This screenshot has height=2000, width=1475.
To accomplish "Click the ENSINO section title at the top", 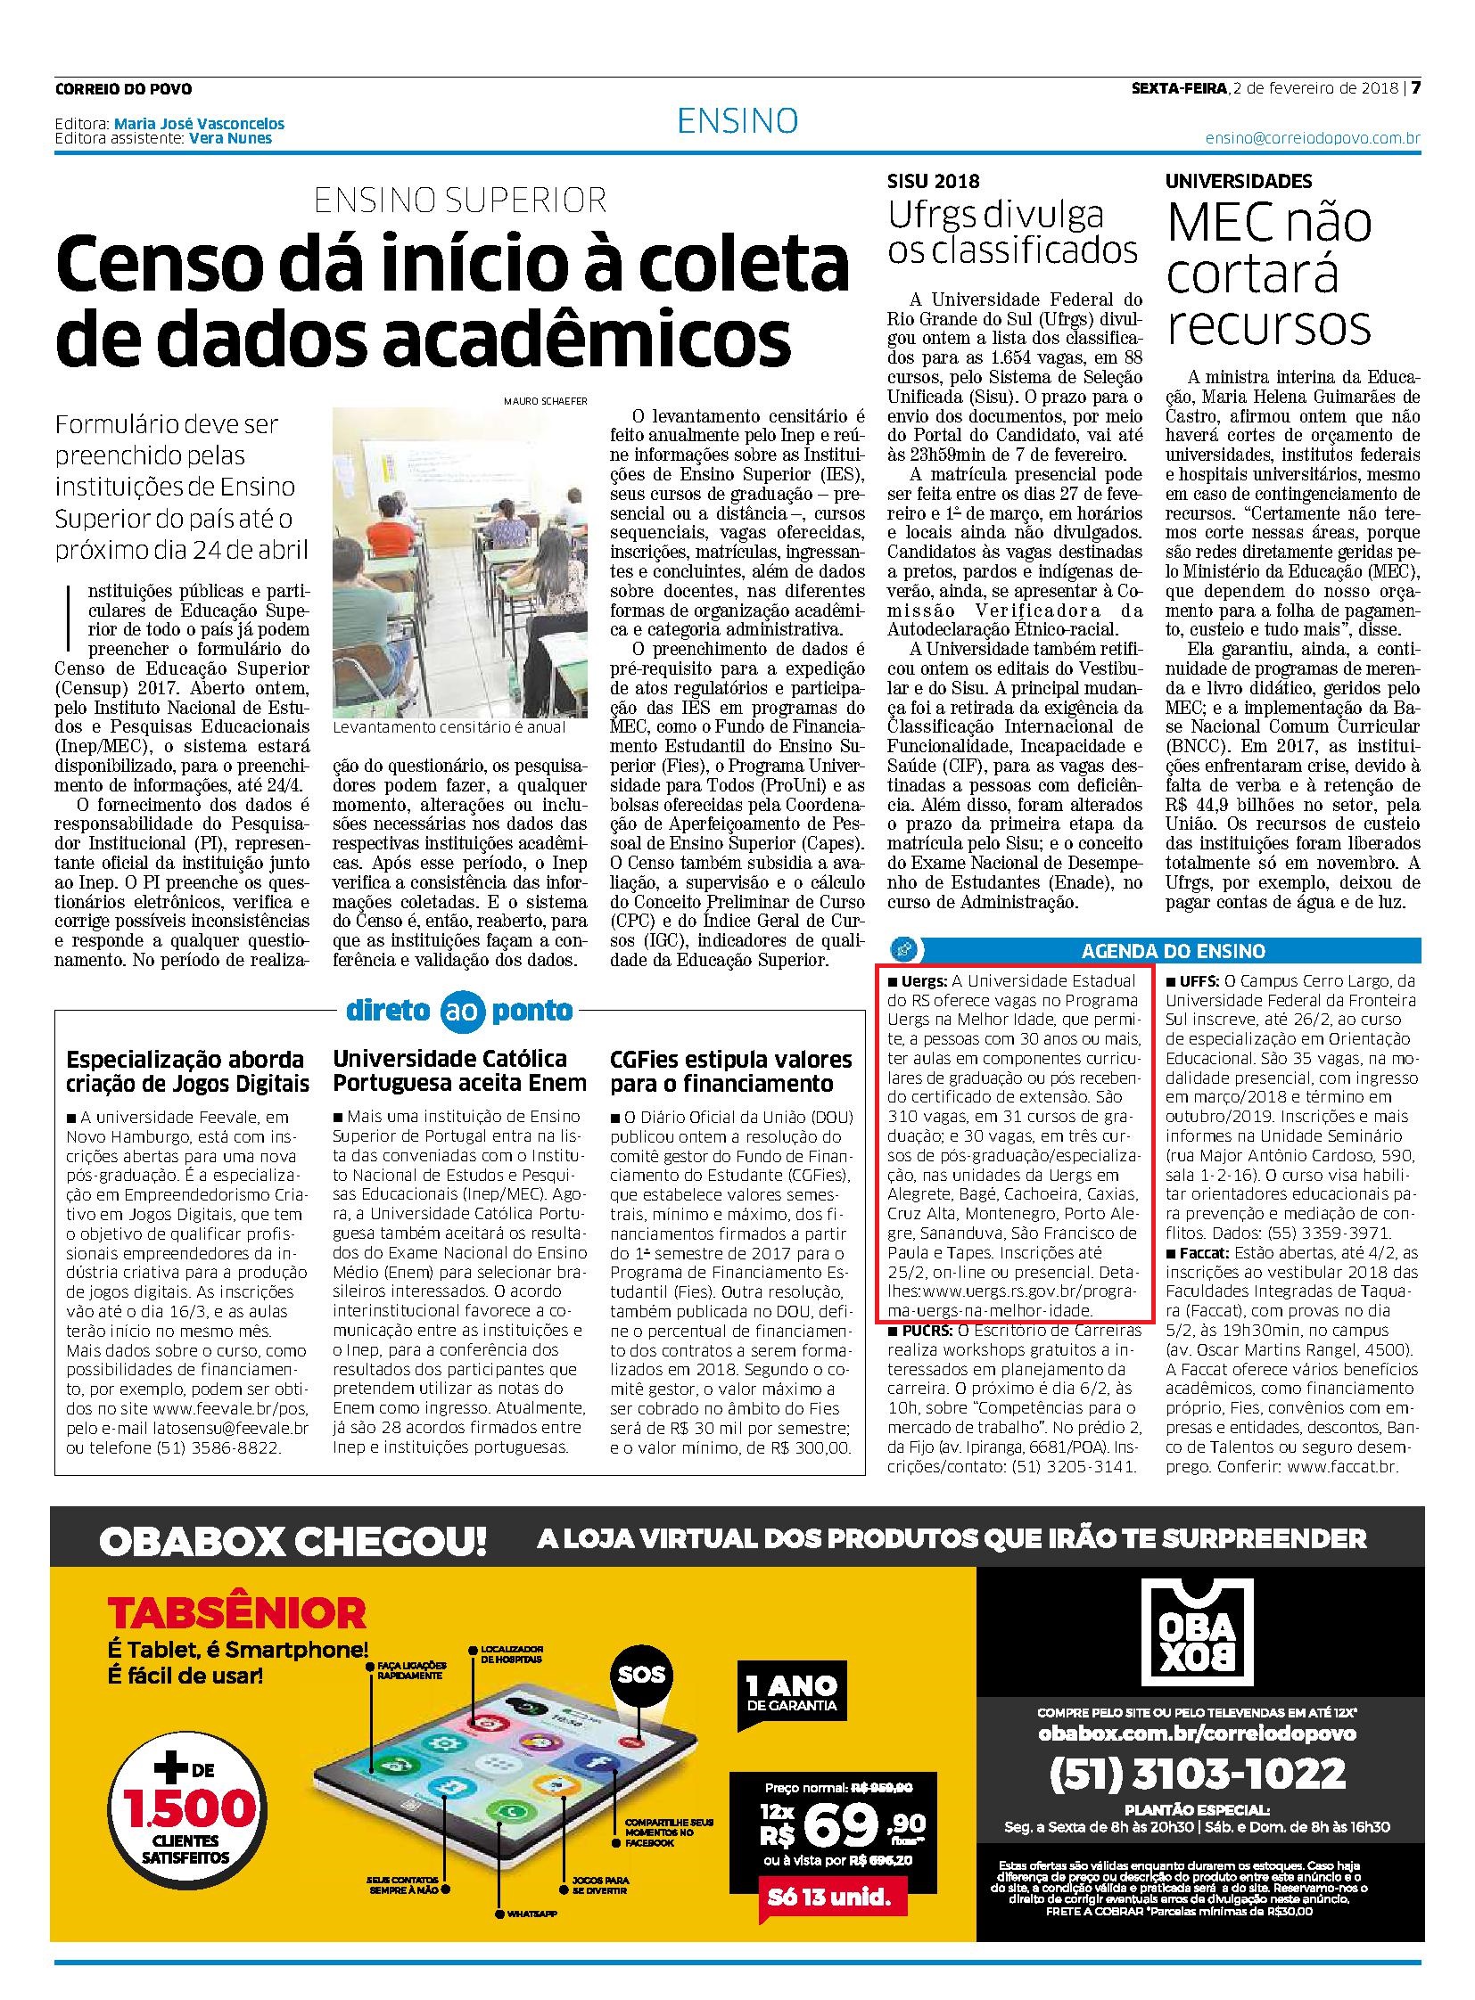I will tap(737, 120).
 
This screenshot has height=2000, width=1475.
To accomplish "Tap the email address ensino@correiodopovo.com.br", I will tap(1312, 138).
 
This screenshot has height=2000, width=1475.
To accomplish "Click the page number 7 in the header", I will tap(1415, 88).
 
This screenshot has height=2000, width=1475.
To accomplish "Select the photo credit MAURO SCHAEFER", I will tap(546, 401).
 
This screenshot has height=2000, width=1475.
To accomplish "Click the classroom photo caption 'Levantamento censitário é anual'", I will tap(449, 726).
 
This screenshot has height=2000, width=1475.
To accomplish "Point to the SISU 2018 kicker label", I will tap(933, 181).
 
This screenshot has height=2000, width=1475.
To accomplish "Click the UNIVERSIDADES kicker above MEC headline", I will tap(1239, 181).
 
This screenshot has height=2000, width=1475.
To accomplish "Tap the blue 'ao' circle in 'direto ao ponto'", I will tap(461, 1012).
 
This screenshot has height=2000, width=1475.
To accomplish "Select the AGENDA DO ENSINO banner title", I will tap(1174, 951).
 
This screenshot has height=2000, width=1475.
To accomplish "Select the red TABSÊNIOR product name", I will tap(236, 1611).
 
